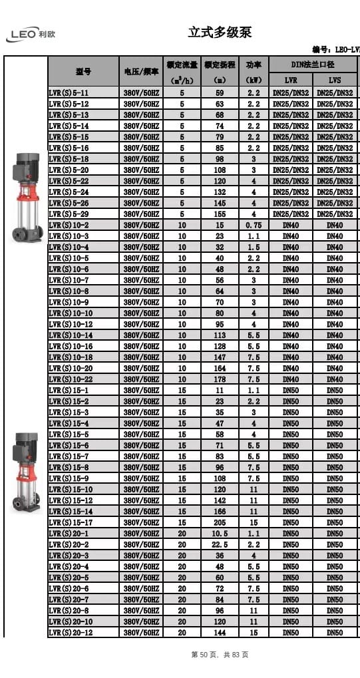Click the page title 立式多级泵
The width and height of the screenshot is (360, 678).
[x=220, y=33]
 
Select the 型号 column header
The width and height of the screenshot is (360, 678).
[x=83, y=71]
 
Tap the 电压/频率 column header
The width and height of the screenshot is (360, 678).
[x=140, y=71]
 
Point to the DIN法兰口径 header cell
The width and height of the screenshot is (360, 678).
[x=312, y=65]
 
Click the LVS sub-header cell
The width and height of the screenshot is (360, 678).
[x=335, y=80]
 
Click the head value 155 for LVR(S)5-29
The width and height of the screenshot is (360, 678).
[x=220, y=214]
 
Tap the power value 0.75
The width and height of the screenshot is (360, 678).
[x=254, y=225]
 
